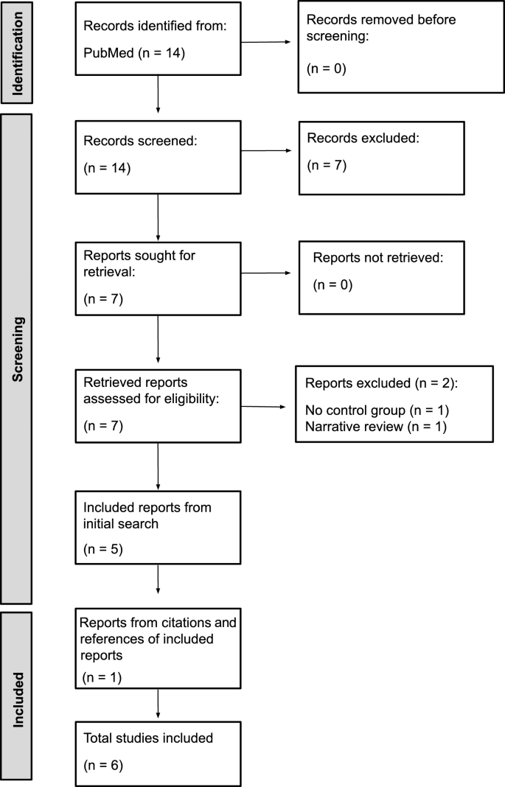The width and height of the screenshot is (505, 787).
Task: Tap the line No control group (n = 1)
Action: pos(376,410)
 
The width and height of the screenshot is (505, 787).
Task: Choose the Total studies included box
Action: pos(159,752)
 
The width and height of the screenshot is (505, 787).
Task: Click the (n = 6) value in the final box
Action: pos(103,766)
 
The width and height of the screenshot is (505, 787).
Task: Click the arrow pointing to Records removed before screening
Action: pos(269,42)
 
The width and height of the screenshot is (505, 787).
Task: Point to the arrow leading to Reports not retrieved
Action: pos(270,273)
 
